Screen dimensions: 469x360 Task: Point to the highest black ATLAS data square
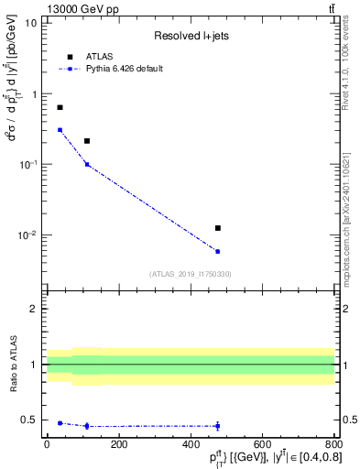pos(60,107)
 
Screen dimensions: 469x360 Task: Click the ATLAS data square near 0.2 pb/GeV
pos(87,141)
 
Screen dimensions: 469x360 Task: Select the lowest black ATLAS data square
pos(217,227)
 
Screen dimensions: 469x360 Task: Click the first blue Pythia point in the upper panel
pos(60,129)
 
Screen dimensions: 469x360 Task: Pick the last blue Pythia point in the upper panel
pos(217,251)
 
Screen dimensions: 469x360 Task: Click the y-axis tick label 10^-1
pos(27,164)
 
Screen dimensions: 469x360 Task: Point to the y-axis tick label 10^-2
pos(27,235)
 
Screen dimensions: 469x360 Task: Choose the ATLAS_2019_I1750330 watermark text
pos(190,274)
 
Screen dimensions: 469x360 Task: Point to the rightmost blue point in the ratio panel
pos(217,426)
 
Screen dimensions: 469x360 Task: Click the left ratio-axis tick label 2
pos(35,309)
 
